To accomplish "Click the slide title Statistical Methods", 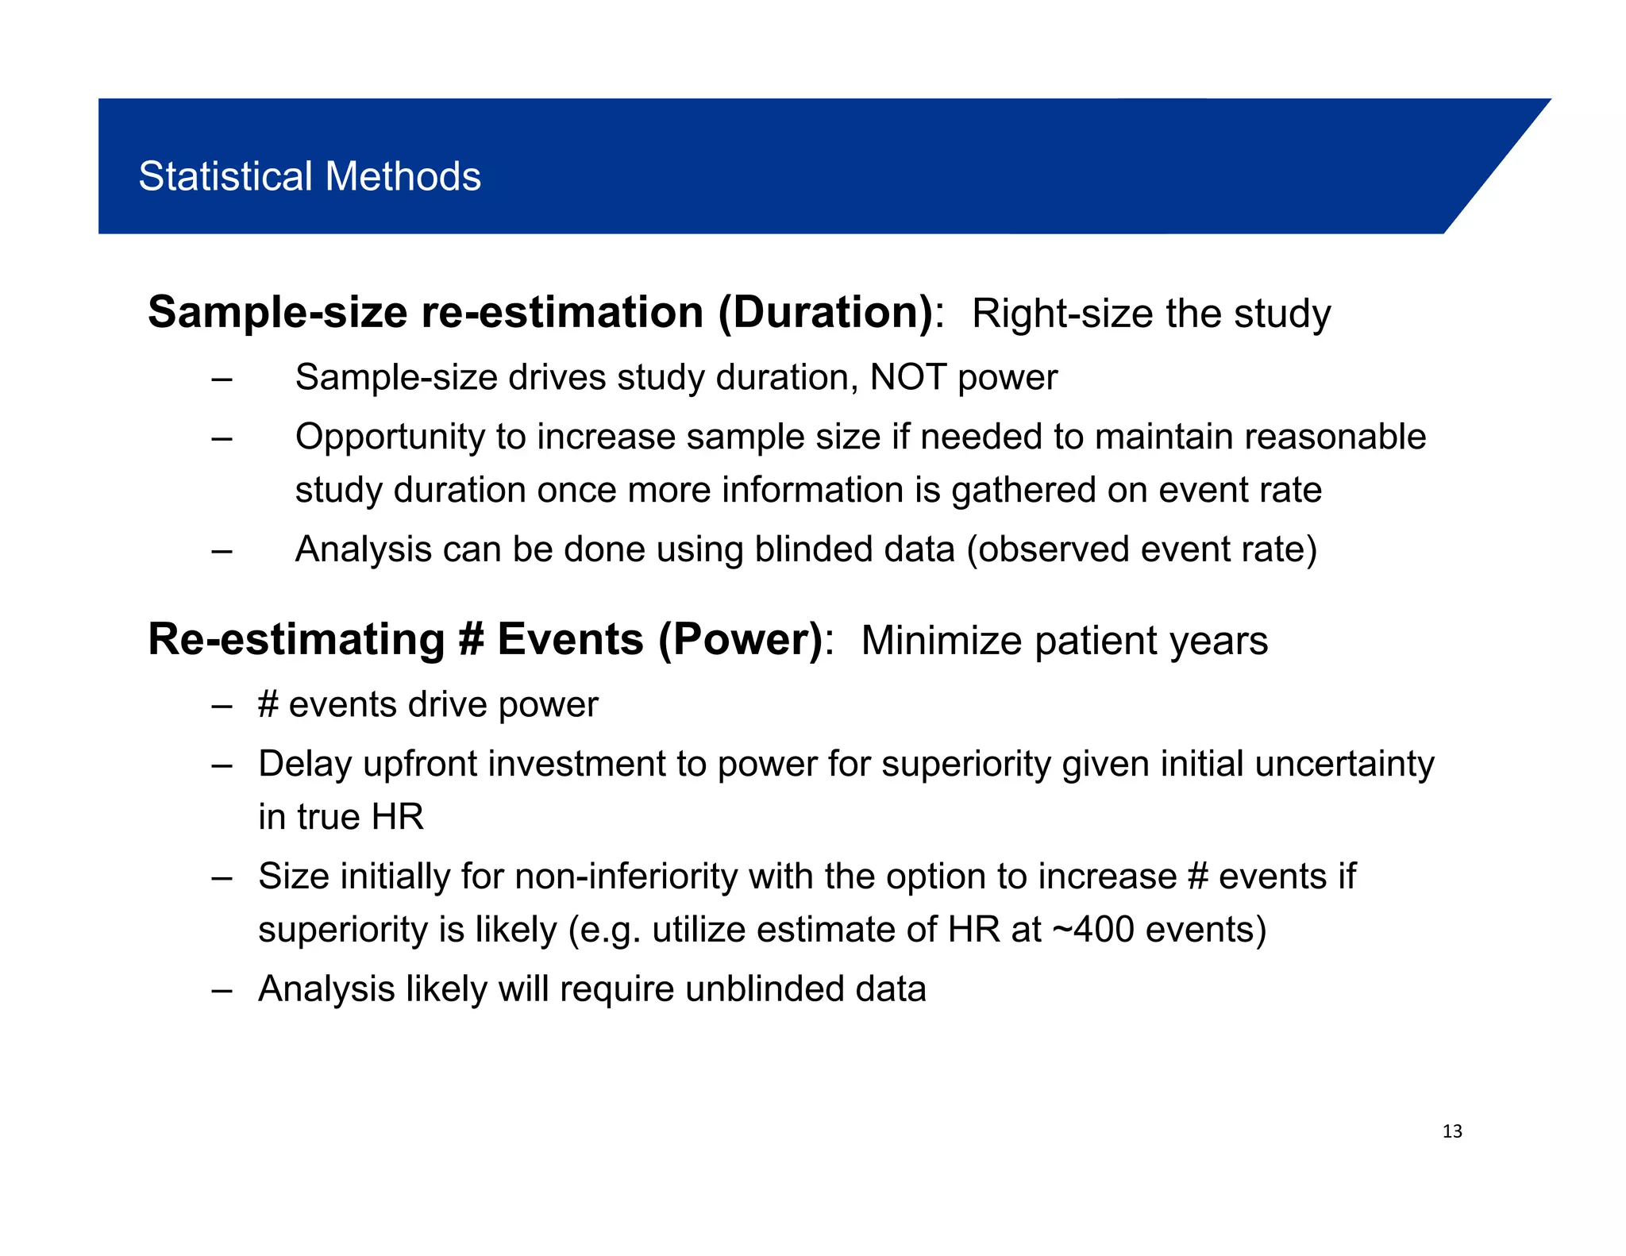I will tap(310, 176).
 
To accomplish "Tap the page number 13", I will tap(1452, 1132).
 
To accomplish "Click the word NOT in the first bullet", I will tap(907, 377).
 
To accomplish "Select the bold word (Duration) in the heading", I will tap(826, 312).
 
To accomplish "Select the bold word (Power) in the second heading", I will tap(741, 640).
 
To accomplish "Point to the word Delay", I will tap(305, 764).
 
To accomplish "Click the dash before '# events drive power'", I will tap(222, 705).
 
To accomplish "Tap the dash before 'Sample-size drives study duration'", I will tap(222, 378).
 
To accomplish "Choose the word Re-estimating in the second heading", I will tap(296, 640).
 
